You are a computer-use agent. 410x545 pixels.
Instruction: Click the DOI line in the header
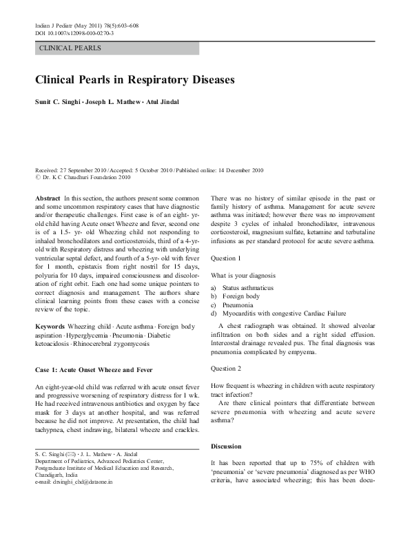click(74, 33)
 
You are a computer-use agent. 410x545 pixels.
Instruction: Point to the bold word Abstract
click(48, 198)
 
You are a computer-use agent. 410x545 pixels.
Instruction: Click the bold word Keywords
click(50, 325)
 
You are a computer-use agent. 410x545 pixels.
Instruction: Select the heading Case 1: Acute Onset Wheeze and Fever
click(94, 370)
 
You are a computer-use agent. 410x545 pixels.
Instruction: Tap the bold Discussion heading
click(227, 446)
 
